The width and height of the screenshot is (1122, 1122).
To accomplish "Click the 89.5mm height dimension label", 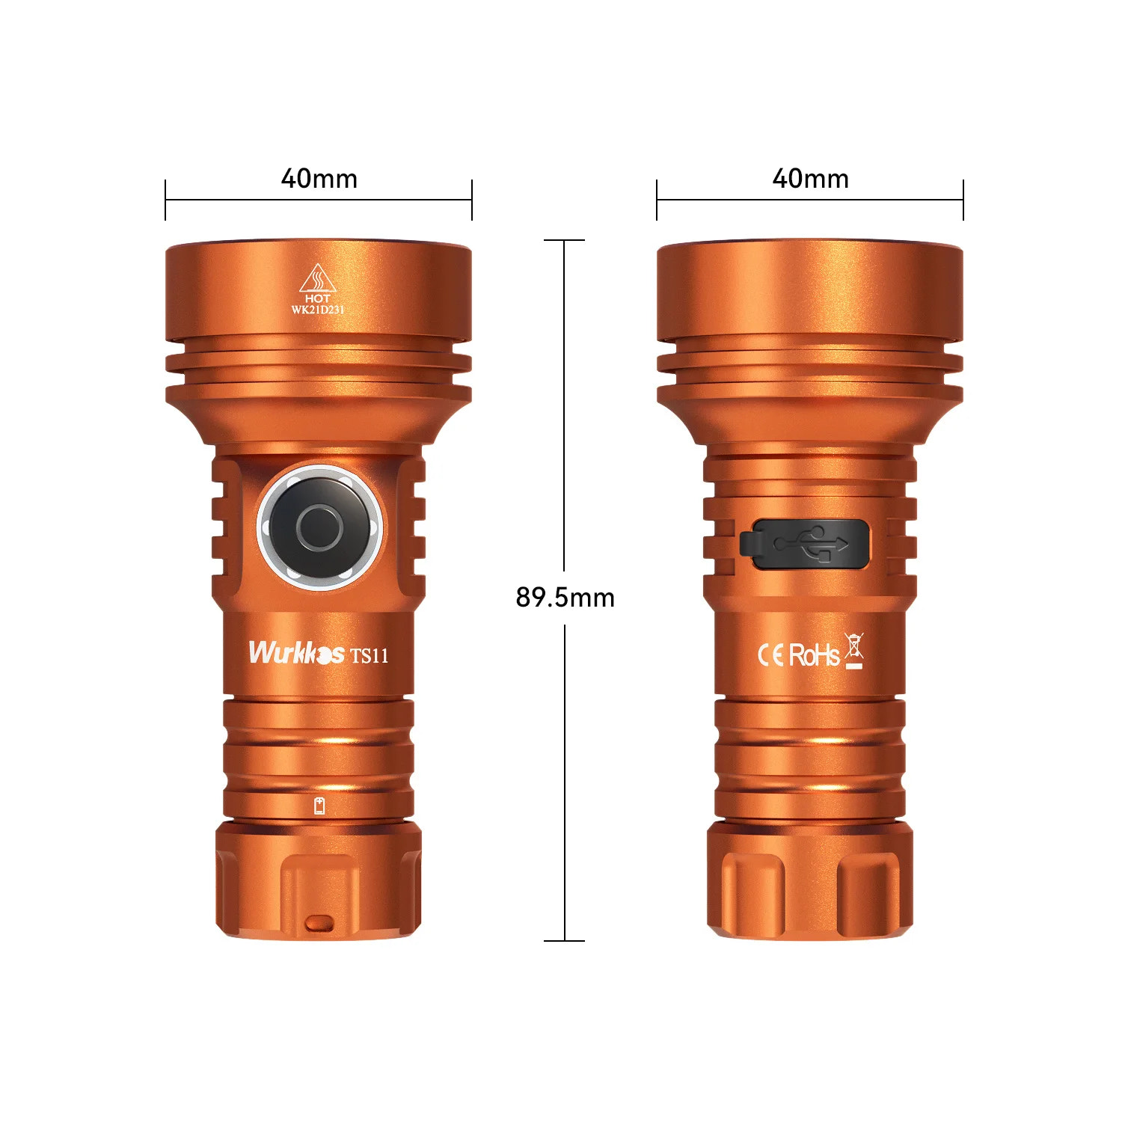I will point(565,598).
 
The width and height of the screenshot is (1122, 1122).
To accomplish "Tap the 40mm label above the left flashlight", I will point(319,179).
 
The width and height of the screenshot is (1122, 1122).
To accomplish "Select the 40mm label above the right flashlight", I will point(810,179).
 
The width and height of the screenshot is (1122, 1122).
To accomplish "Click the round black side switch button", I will point(320,528).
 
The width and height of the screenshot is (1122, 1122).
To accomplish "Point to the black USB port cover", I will point(805,544).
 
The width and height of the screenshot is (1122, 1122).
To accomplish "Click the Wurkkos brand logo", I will point(296,653).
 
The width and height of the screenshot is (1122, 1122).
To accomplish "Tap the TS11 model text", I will point(370,656).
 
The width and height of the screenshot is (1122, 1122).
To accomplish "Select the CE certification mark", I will point(770,655).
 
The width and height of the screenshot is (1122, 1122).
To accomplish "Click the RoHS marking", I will point(814,655).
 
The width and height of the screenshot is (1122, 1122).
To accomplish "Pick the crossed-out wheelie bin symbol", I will point(854,650).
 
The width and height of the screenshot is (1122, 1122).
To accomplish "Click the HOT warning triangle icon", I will point(318,279).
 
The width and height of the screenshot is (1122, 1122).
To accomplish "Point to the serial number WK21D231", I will point(318,310).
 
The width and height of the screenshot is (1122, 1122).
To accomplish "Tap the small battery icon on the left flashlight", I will point(319,806).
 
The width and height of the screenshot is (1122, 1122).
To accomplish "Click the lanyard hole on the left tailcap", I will point(319,923).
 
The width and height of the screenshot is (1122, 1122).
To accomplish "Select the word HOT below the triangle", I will point(318,298).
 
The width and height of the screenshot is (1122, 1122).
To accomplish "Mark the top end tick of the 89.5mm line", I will point(565,240).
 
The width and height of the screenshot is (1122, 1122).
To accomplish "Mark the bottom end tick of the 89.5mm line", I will point(565,940).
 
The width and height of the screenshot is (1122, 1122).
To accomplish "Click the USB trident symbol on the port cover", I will point(812,543).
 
